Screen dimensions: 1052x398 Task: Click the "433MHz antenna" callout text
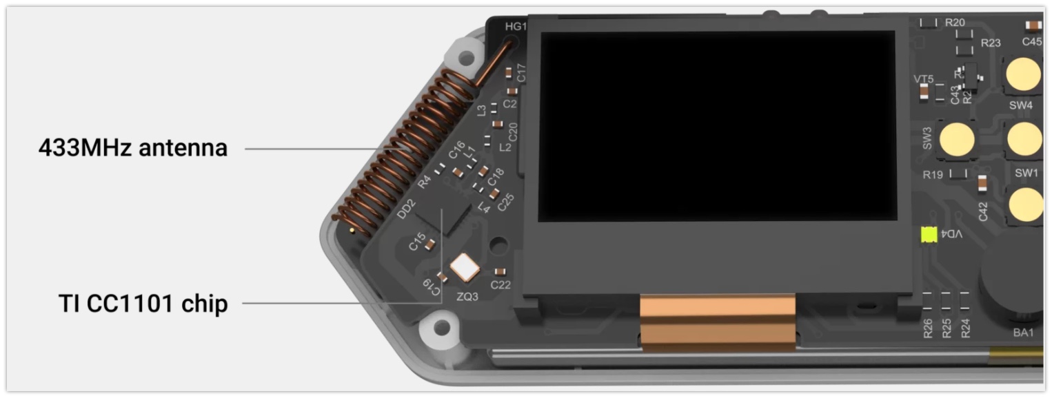click(133, 148)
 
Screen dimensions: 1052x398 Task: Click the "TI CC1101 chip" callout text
click(143, 303)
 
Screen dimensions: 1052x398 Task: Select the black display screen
click(717, 126)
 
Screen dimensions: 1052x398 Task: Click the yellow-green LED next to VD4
click(929, 234)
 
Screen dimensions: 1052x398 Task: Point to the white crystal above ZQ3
click(465, 268)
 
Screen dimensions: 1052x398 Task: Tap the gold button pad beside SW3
click(957, 140)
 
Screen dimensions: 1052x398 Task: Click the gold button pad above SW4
click(1024, 74)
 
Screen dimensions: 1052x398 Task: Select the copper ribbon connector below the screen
click(718, 322)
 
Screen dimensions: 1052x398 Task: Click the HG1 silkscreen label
click(516, 26)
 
